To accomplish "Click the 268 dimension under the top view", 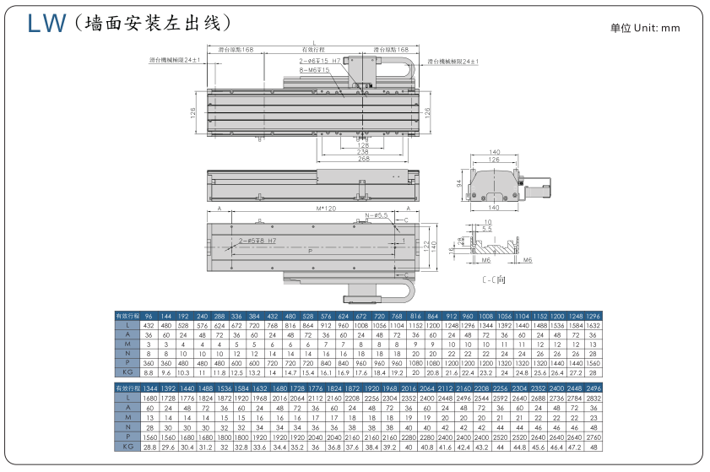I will tap(364, 158).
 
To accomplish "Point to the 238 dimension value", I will tap(364, 151).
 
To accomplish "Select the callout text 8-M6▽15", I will tap(314, 70).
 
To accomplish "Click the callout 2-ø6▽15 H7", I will tap(319, 62).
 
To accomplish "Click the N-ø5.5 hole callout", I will tap(377, 216).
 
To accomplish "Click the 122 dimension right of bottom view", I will tap(425, 246).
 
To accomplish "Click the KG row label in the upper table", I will tap(127, 372).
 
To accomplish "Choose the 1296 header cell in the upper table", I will tap(593, 315).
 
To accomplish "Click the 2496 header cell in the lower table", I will tap(593, 388).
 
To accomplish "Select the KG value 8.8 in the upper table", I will tap(149, 372).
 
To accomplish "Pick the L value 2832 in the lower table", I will tap(593, 399).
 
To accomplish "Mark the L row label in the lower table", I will tap(127, 399).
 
